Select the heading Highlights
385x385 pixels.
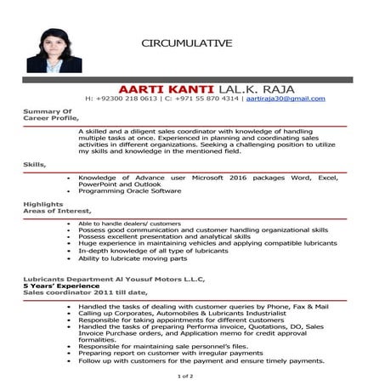[43, 205]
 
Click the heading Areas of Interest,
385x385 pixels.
[56, 212]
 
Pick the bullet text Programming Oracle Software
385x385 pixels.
[129, 191]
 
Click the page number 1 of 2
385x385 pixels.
[185, 375]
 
